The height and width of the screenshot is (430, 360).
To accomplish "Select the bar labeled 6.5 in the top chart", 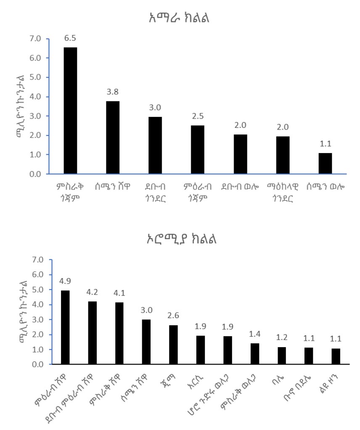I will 70,111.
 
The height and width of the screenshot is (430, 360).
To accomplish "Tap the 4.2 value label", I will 92,293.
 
